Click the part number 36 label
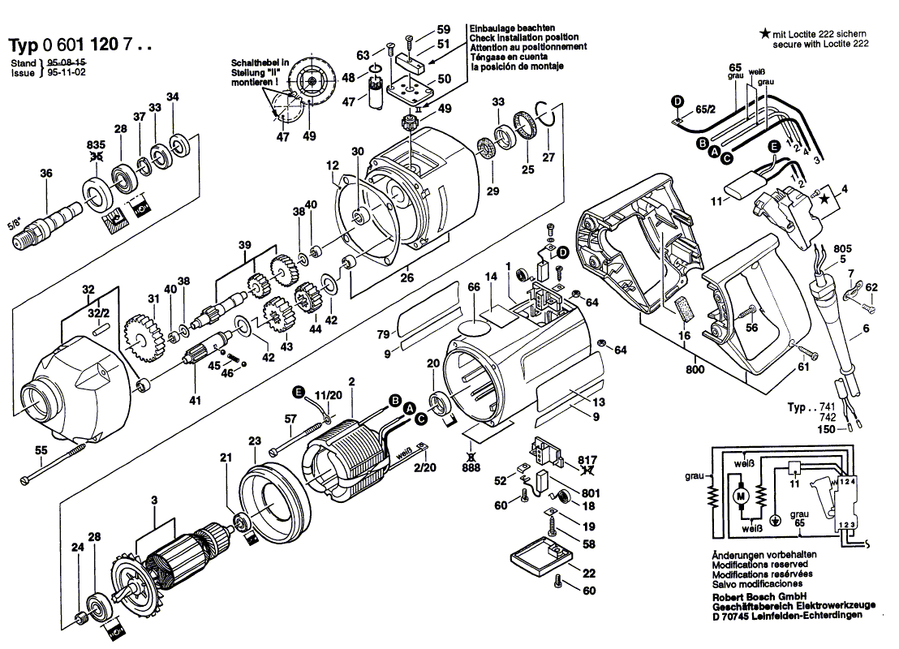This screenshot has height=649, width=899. tap(45, 173)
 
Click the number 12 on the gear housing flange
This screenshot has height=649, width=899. tap(333, 166)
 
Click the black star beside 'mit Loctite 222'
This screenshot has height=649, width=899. tap(764, 33)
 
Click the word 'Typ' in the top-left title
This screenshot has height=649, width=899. tap(24, 45)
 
